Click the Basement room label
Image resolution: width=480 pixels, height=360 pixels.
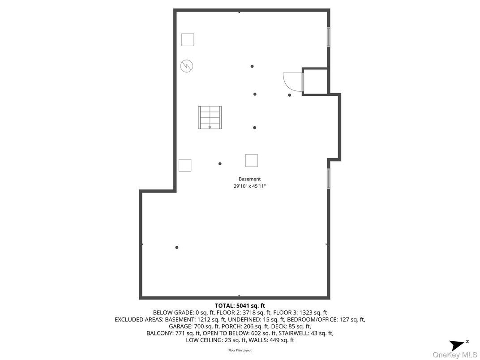tap(249, 179)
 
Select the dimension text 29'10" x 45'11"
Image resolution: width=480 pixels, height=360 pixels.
tap(249, 186)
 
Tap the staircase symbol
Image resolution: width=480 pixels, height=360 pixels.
tap(210, 117)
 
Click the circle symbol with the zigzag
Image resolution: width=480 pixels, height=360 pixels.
tap(187, 66)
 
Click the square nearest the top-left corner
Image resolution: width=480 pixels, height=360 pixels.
tap(188, 40)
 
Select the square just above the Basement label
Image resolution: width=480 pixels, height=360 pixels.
tap(251, 160)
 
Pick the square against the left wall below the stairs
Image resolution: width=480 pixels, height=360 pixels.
tap(185, 165)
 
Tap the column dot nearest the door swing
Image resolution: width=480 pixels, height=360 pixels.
tap(290, 95)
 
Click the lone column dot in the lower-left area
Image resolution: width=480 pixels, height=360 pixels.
tap(177, 247)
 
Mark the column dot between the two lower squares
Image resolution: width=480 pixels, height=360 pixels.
tap(220, 163)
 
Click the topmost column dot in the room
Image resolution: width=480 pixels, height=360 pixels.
tap(252, 66)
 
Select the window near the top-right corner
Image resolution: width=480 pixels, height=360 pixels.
tap(328, 37)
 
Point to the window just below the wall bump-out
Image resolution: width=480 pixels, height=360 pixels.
tap(328, 178)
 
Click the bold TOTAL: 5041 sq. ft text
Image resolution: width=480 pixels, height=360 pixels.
tap(240, 306)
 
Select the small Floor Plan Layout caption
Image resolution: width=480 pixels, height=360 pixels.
tap(240, 350)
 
